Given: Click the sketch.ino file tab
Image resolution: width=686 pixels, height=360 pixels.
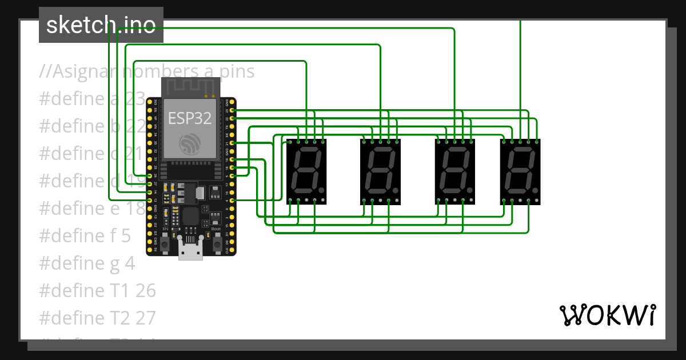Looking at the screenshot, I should point(101,25).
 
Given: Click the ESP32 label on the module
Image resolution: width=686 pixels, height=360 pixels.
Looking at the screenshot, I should point(190,118).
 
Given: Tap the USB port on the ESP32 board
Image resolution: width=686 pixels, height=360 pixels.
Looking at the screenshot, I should point(190,250).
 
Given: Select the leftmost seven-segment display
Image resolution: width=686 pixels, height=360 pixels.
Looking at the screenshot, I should point(308,171).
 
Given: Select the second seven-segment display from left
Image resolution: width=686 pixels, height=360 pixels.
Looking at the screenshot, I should point(381,171).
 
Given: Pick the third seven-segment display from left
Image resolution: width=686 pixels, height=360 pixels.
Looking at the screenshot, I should point(456,171).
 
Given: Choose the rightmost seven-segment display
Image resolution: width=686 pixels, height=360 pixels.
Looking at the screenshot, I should point(520,171).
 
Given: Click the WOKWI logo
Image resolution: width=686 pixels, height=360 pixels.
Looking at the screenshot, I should point(607,315).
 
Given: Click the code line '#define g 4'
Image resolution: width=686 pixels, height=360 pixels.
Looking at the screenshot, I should point(87,263).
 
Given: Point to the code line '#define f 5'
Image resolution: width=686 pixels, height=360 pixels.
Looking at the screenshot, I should point(85,235).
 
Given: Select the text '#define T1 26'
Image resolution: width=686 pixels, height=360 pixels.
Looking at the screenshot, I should point(97,290).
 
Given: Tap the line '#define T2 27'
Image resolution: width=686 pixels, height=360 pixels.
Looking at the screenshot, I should point(97,317).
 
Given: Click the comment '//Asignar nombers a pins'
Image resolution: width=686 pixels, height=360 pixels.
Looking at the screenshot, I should point(147,72).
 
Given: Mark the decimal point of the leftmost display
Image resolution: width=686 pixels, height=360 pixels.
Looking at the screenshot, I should point(322,190).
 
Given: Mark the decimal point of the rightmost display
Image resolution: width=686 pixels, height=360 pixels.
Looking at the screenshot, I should point(535,190).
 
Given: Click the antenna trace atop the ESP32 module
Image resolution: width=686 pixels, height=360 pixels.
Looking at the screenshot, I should point(190,87).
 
